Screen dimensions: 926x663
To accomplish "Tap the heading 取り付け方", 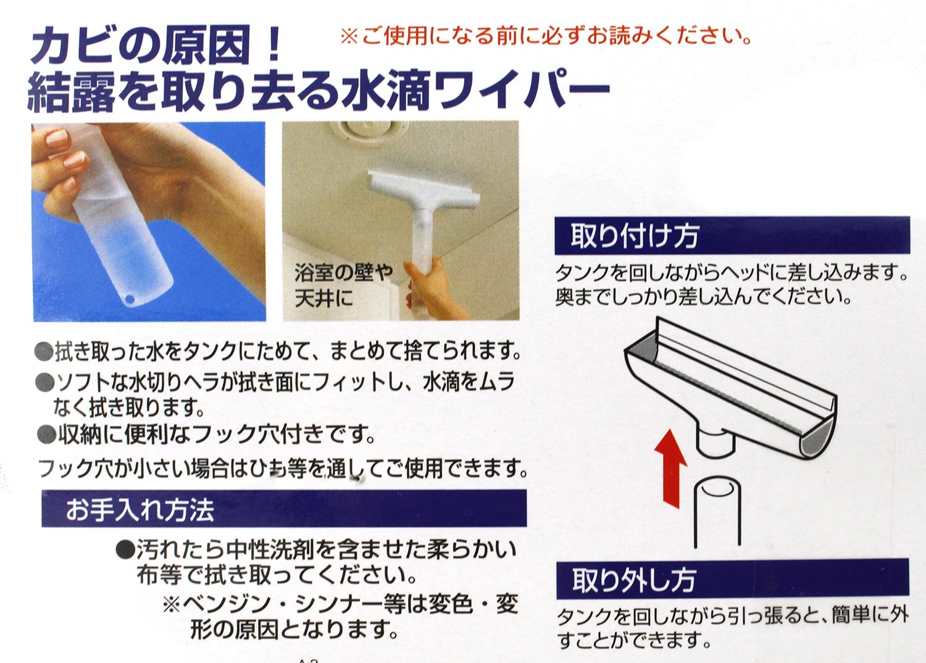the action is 635,236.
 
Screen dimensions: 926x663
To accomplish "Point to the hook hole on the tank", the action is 131,298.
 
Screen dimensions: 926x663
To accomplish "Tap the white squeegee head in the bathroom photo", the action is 423,190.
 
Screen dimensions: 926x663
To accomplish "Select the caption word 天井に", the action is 324,298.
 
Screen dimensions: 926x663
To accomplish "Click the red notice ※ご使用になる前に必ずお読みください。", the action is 546,36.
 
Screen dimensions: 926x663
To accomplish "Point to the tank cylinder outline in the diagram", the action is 717,512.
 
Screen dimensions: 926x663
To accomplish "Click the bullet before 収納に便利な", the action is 46,435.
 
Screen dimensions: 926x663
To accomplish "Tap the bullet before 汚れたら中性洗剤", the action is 125,549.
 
